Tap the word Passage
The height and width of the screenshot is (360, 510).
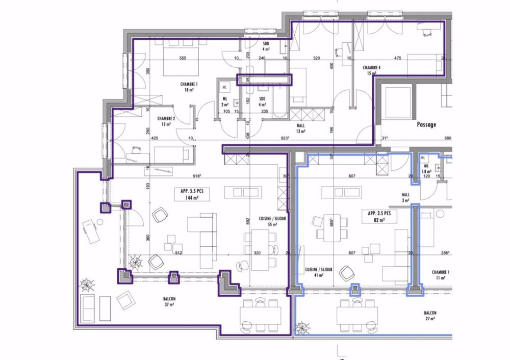click(x=426, y=124)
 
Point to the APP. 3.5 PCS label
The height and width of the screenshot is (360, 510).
click(x=376, y=216)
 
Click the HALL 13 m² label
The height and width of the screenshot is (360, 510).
click(x=300, y=128)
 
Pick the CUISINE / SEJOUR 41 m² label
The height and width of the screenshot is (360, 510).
click(x=319, y=272)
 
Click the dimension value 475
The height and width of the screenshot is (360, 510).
click(x=398, y=58)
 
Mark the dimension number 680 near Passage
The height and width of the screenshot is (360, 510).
click(x=448, y=138)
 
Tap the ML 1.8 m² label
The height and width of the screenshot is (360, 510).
click(x=426, y=169)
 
